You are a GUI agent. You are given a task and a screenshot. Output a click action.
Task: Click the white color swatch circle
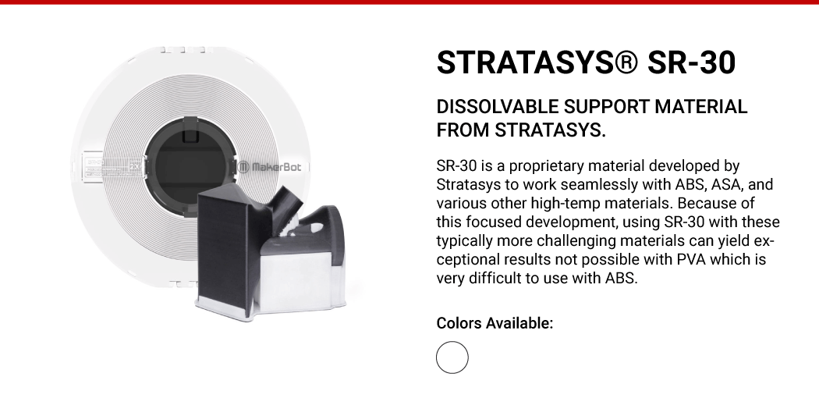click(x=452, y=357)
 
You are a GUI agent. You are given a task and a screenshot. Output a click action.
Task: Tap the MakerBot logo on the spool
click(x=270, y=167)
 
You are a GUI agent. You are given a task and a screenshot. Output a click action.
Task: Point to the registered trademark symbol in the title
click(x=626, y=62)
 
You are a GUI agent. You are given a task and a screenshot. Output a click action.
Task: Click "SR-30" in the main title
click(x=692, y=62)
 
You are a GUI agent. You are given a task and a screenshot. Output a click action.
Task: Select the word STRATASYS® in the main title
click(x=537, y=62)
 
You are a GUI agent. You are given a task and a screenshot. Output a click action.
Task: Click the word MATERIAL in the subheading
click(x=701, y=107)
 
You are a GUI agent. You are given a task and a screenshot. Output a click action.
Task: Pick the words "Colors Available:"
click(x=495, y=323)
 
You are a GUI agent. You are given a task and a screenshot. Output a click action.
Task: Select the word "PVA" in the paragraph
click(x=691, y=259)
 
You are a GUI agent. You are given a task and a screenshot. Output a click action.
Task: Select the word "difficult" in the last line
click(x=495, y=278)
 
